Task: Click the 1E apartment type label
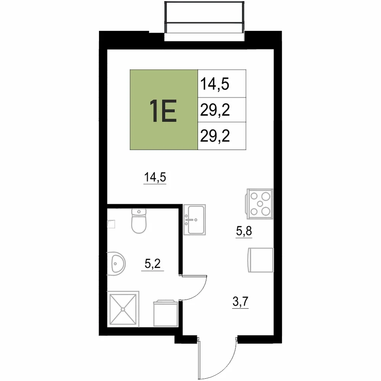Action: [x=163, y=111]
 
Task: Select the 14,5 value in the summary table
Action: [x=215, y=84]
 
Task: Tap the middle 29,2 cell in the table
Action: [x=215, y=110]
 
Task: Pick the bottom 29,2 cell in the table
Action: [x=215, y=136]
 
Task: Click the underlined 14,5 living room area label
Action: [x=155, y=177]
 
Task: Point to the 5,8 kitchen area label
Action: [x=244, y=231]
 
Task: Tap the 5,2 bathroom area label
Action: [x=153, y=264]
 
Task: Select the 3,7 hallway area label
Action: [x=240, y=302]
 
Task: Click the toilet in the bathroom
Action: [x=139, y=221]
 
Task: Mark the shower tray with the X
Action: [x=123, y=309]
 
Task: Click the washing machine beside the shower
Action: [x=166, y=313]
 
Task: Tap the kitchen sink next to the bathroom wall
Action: [x=194, y=220]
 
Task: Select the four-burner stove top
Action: [x=260, y=203]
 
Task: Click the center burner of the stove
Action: [x=260, y=204]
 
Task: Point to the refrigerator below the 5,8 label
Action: [x=261, y=260]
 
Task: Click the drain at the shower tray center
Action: [x=123, y=309]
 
